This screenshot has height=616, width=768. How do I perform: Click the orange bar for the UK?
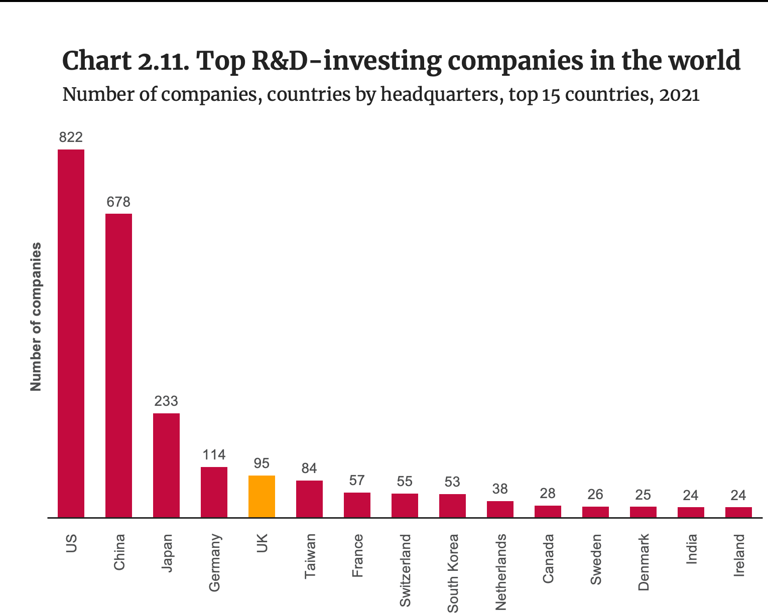pos(262,496)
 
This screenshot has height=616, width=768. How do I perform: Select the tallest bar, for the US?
pos(71,333)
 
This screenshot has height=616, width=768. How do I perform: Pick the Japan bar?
pos(166,465)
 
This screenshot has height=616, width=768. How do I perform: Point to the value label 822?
pos(71,137)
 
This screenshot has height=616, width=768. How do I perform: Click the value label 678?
pos(118,202)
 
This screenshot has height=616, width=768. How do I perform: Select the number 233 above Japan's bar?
pos(166,401)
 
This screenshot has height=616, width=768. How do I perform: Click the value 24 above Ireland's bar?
pos(738,496)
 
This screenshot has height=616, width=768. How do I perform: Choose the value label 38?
pos(500,489)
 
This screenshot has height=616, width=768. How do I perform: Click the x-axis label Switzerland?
pos(405,570)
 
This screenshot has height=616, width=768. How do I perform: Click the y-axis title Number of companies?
pos(36,317)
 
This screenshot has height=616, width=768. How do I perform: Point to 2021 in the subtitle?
pos(680,94)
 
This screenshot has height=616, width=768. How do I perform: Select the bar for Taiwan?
pos(309,499)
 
